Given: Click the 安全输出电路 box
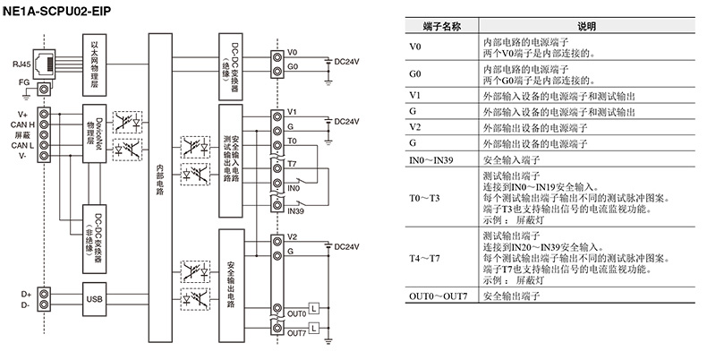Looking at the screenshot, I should [x=232, y=283].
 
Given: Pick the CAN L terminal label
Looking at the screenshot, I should [x=22, y=144].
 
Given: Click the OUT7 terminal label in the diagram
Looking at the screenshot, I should [x=297, y=333].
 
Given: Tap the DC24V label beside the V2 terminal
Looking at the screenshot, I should [x=346, y=245].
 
